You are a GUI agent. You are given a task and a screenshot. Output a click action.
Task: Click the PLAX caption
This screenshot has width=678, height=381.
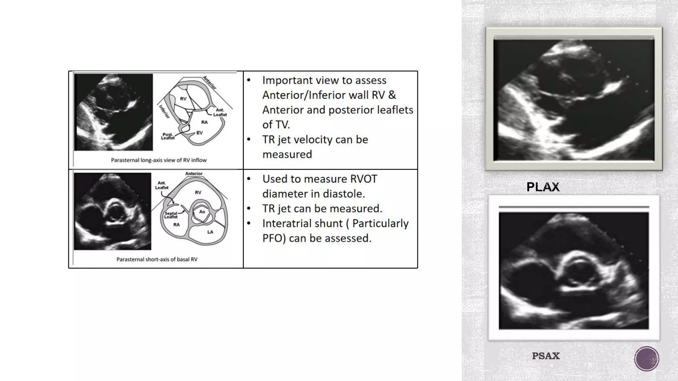[543, 187]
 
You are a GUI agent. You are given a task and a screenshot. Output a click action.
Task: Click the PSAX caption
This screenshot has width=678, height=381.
[546, 356]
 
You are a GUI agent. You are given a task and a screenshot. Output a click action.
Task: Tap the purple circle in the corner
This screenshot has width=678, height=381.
[647, 359]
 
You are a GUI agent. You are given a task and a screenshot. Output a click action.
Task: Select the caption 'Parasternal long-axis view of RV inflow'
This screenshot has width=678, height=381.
[159, 160]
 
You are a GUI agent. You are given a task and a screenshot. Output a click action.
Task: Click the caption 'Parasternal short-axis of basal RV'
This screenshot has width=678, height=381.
[157, 259]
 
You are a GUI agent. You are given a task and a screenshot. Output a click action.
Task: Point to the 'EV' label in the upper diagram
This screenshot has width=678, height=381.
[199, 133]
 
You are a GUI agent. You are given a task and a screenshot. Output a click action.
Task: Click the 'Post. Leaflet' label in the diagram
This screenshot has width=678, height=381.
[168, 136]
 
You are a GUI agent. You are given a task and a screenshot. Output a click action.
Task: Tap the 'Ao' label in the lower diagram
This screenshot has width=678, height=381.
[202, 212]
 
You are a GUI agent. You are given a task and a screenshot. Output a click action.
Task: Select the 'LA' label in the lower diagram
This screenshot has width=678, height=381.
[210, 232]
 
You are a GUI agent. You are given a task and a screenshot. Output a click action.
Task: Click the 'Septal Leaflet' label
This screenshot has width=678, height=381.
[171, 215]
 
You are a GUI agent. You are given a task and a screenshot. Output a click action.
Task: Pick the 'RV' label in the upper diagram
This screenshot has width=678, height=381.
[183, 99]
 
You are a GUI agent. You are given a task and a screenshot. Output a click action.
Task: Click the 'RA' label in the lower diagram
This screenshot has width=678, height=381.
[176, 225]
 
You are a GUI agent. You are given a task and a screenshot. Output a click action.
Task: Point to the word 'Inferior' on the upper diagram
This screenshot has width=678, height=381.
[164, 112]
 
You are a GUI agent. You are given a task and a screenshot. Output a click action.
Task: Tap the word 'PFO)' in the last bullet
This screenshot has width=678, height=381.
[274, 238]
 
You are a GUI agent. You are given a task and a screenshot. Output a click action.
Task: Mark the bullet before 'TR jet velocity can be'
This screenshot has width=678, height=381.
[249, 140]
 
